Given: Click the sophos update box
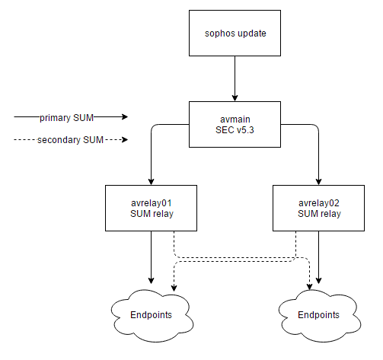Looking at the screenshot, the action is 235,33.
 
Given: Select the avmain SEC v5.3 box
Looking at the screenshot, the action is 235,124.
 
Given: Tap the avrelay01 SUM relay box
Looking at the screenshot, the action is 151,208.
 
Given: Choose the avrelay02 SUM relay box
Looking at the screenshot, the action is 318,208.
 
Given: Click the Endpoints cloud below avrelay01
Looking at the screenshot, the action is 152,316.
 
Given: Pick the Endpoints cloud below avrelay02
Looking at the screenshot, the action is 319,316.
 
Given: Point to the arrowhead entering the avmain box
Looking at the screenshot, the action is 235,98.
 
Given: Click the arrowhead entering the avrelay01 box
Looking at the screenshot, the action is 151,182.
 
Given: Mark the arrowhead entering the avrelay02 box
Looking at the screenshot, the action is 318,182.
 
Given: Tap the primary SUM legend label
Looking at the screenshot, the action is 66,118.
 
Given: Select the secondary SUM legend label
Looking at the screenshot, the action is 70,140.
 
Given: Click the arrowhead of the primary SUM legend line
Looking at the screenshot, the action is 125,116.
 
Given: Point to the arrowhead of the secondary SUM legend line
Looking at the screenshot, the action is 125,139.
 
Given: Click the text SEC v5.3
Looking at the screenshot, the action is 235,130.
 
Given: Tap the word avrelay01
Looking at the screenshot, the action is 152,203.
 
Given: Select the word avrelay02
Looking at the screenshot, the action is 319,203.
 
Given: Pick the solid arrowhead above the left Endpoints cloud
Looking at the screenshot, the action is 151,281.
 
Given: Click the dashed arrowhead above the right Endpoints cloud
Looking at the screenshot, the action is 309,286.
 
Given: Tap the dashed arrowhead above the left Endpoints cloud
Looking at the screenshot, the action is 174,288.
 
